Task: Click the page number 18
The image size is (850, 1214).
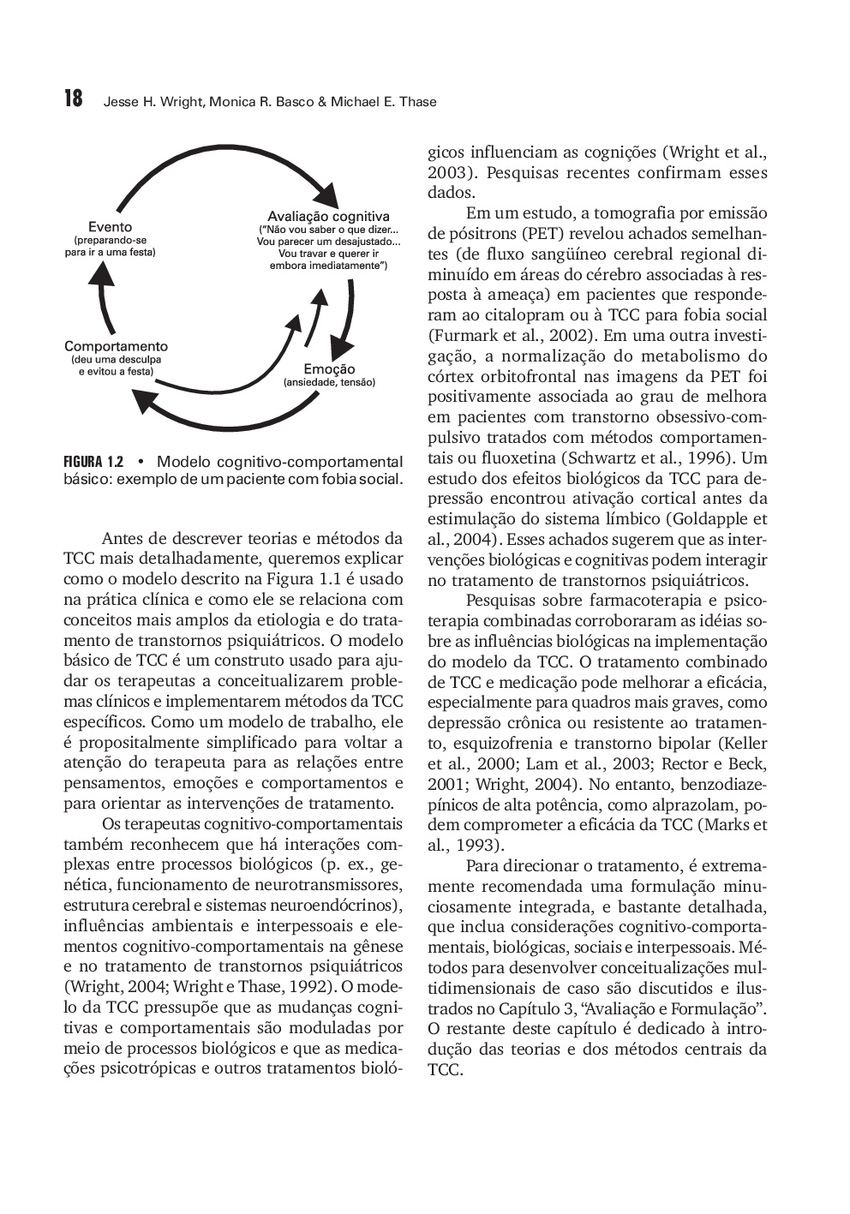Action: (74, 99)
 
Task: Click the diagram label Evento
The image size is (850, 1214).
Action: (111, 227)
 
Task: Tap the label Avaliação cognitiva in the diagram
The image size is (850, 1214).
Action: (328, 216)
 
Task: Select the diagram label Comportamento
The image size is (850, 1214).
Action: (116, 346)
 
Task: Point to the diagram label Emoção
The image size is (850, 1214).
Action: (329, 369)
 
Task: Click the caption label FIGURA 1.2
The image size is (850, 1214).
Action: (94, 460)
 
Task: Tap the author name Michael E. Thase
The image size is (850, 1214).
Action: (384, 102)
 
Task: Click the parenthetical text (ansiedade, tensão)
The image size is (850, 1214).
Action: (329, 382)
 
